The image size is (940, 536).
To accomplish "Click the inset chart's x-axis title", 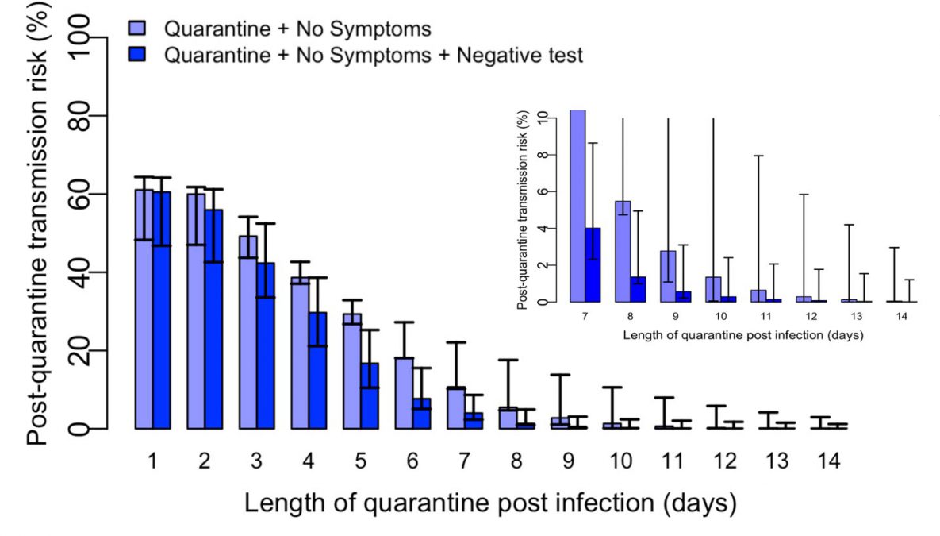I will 742,335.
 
